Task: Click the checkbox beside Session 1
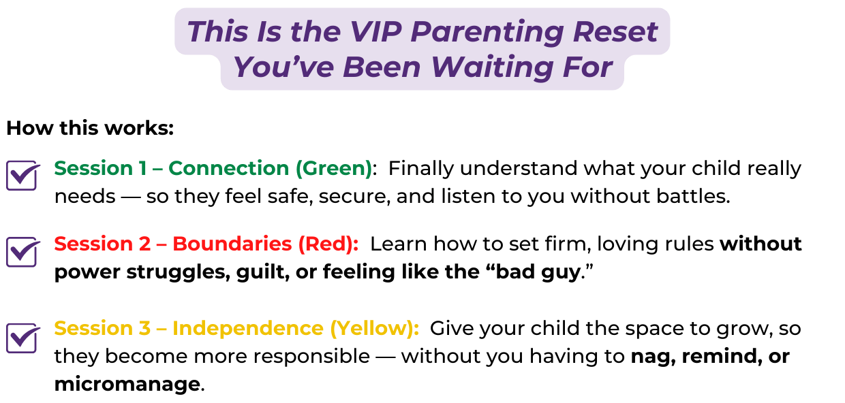click(21, 176)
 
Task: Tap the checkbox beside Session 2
click(21, 252)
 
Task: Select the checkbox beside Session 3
click(21, 338)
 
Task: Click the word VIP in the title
click(375, 32)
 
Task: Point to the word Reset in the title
click(615, 32)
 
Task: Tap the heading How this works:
click(90, 128)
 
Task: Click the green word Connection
click(228, 168)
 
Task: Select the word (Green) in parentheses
click(334, 169)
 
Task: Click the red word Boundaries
click(232, 244)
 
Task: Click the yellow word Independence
click(248, 328)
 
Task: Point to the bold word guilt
click(263, 272)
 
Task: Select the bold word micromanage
click(127, 385)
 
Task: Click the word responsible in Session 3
click(311, 357)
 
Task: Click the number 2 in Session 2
click(145, 244)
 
